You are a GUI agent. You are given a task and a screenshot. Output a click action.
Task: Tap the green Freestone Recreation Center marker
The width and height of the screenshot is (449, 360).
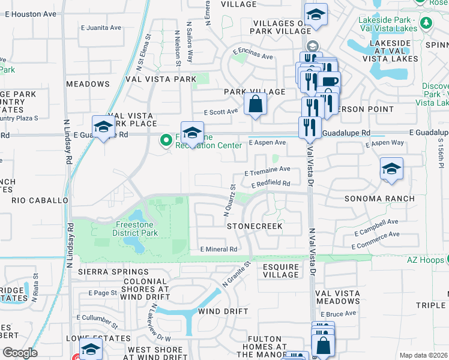coord(166,140)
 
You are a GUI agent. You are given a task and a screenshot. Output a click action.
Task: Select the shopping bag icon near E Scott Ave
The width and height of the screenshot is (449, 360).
coord(256,103)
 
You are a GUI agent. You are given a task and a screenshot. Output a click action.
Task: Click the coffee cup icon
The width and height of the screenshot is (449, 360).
coord(330,82)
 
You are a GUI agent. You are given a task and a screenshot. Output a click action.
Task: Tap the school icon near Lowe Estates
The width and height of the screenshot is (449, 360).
coord(91,349)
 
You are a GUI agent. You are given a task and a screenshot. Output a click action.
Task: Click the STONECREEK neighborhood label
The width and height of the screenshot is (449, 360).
coord(255,226)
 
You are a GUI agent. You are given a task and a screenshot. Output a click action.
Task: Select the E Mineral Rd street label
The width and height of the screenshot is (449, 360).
coord(219,249)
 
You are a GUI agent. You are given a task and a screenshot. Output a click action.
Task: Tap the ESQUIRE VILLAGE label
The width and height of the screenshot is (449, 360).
coord(280,270)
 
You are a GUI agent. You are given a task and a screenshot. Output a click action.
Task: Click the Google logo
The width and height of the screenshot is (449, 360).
coord(20,353)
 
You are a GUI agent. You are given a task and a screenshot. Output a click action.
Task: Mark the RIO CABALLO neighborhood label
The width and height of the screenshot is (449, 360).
coord(40,200)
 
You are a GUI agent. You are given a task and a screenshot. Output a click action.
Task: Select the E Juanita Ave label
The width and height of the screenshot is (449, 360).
coord(101,28)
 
